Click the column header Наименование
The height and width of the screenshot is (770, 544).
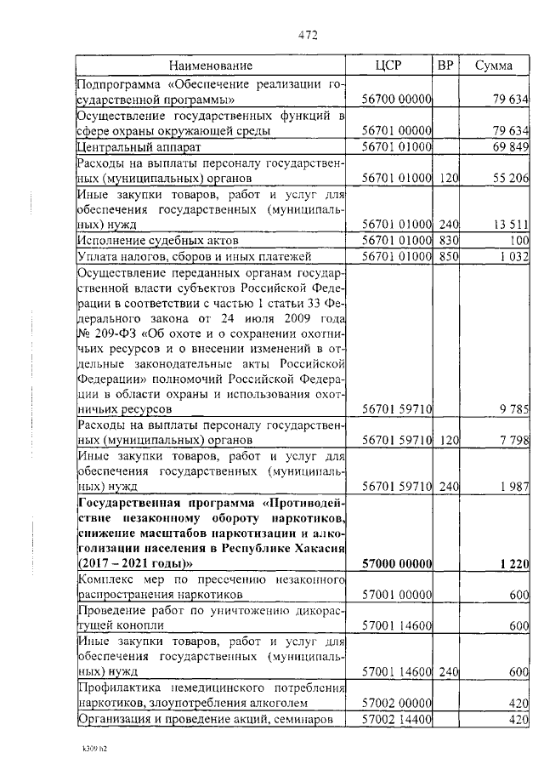pyautogui.click(x=210, y=66)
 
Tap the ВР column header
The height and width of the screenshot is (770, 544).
pyautogui.click(x=445, y=66)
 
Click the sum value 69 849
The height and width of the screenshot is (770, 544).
pyautogui.click(x=512, y=147)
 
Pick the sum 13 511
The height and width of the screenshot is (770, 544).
pyautogui.click(x=512, y=225)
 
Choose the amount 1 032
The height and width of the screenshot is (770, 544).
pyautogui.click(x=513, y=256)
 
